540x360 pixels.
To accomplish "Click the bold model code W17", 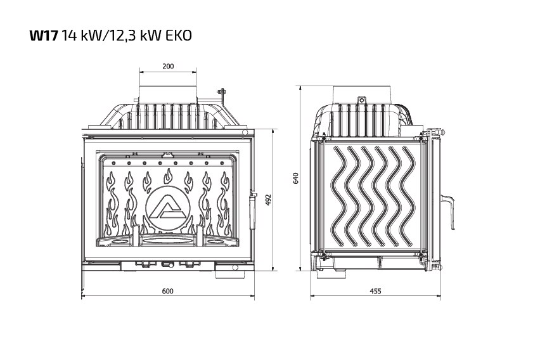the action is [x=43, y=35].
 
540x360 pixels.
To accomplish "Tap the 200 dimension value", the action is [x=168, y=66].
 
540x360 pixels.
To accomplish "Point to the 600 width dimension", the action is [x=168, y=291].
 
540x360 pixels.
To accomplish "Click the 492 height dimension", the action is [x=268, y=200].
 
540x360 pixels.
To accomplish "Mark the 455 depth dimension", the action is [x=375, y=291].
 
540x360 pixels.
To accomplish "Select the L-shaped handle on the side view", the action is [x=450, y=212].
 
